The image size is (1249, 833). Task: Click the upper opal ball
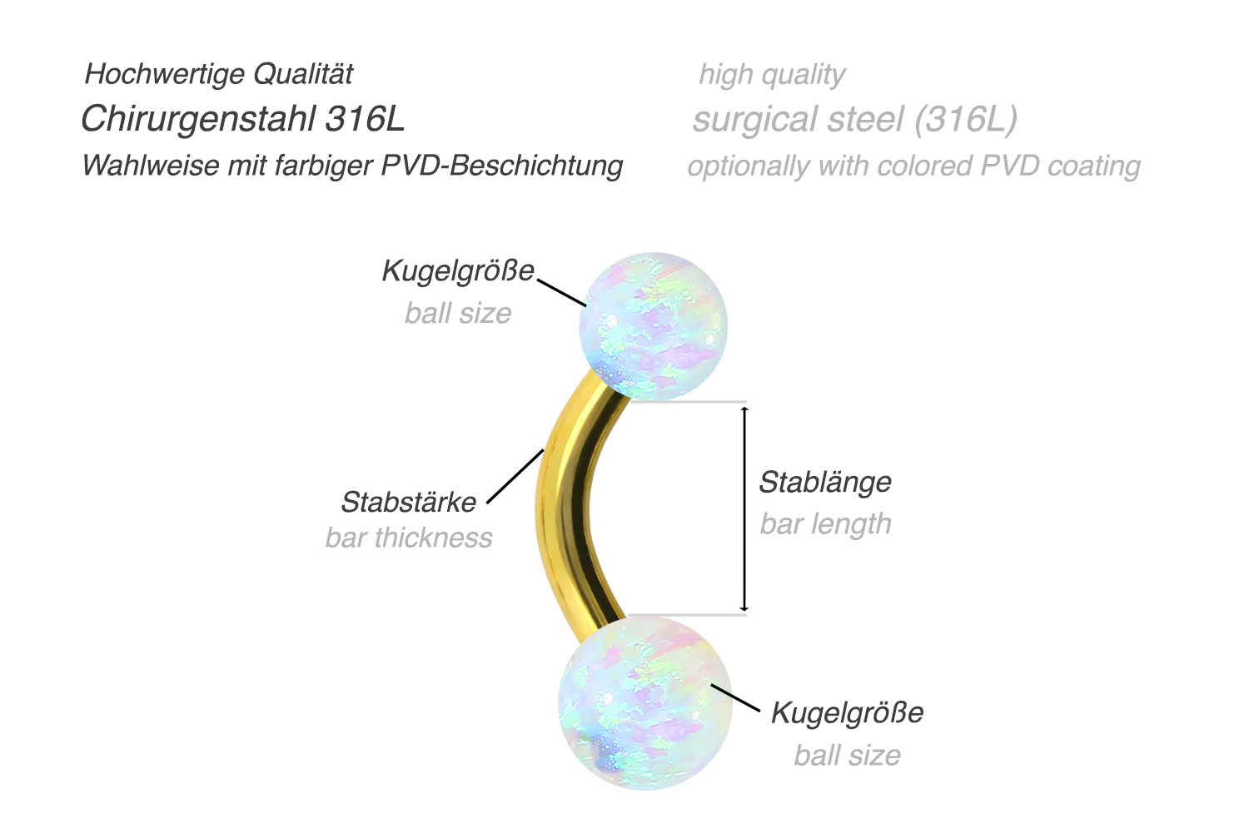653,326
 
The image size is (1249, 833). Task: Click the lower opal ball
644,702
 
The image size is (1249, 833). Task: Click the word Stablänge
824,482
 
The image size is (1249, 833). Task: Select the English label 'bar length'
825,523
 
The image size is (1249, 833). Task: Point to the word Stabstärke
409,502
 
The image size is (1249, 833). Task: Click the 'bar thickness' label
409,538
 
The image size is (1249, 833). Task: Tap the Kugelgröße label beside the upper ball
458,271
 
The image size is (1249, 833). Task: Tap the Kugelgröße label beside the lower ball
847,712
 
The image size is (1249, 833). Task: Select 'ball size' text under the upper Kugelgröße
458,313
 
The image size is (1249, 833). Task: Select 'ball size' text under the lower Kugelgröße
847,756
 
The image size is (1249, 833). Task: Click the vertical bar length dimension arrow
744,508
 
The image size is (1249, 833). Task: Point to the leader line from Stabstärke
515,476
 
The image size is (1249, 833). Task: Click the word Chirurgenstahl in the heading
198,119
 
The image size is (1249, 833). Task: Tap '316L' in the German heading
365,119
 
